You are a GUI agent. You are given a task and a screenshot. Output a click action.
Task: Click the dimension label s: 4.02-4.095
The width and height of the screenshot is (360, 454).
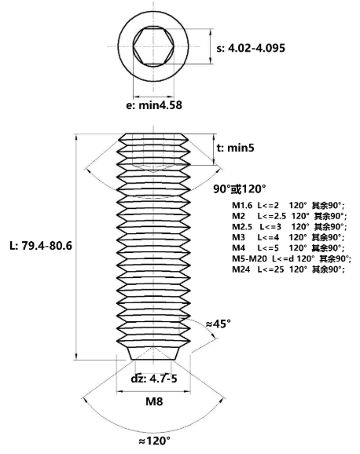[251, 48]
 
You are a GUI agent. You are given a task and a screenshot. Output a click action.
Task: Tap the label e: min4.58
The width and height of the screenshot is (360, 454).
[154, 105]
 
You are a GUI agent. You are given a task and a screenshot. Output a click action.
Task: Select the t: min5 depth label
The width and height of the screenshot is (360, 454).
[235, 148]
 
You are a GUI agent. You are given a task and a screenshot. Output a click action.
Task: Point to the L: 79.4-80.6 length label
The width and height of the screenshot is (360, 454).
[41, 246]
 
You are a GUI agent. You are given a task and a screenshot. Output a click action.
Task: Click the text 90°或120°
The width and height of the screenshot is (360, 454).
[240, 189]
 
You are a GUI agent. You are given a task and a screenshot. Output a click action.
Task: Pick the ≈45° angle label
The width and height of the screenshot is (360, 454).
[219, 324]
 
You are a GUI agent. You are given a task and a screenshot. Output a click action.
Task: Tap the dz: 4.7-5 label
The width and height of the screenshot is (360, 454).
[154, 379]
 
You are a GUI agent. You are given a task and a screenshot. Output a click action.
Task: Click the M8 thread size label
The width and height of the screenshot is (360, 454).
[154, 401]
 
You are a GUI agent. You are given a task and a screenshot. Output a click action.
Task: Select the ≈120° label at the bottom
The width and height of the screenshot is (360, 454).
[155, 441]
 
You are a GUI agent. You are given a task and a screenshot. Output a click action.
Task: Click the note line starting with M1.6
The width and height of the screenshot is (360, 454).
[288, 206]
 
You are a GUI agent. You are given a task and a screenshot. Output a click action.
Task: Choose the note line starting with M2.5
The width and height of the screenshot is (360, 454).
[289, 226]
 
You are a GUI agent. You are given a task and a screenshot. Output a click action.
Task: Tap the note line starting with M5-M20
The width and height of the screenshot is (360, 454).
[292, 258]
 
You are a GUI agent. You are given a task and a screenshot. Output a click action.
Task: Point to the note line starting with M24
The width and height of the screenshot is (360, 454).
[288, 269]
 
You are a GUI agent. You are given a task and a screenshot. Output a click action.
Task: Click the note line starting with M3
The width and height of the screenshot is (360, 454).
[288, 237]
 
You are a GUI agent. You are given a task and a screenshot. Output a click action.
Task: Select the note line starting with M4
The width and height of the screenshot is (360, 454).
[288, 248]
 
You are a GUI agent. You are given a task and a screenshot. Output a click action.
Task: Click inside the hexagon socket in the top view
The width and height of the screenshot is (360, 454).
[153, 46]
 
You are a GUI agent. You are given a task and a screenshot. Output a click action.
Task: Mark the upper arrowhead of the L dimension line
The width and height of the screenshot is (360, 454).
[76, 137]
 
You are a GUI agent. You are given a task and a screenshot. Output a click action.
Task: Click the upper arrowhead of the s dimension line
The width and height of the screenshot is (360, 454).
[211, 32]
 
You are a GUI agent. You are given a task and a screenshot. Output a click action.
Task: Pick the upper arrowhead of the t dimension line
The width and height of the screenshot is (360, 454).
[215, 137]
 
